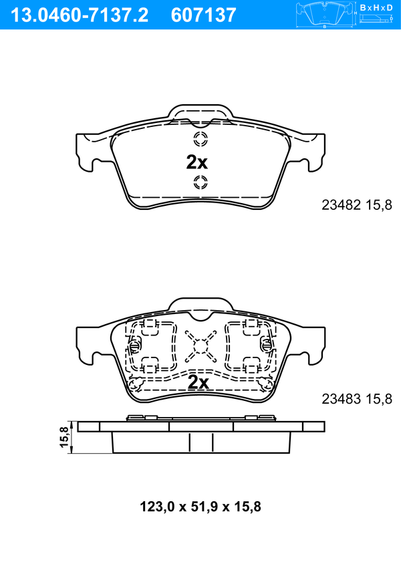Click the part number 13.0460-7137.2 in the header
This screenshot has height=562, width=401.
click(x=79, y=15)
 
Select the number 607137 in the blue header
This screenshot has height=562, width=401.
click(x=204, y=15)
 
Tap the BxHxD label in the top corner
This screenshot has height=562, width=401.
click(x=376, y=7)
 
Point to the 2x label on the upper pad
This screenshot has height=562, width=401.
click(x=196, y=162)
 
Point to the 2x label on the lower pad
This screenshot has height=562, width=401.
click(x=198, y=382)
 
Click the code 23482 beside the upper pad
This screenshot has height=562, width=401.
click(x=341, y=205)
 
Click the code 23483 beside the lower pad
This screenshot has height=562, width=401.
click(x=341, y=398)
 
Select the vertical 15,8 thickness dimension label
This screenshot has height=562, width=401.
click(x=65, y=436)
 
